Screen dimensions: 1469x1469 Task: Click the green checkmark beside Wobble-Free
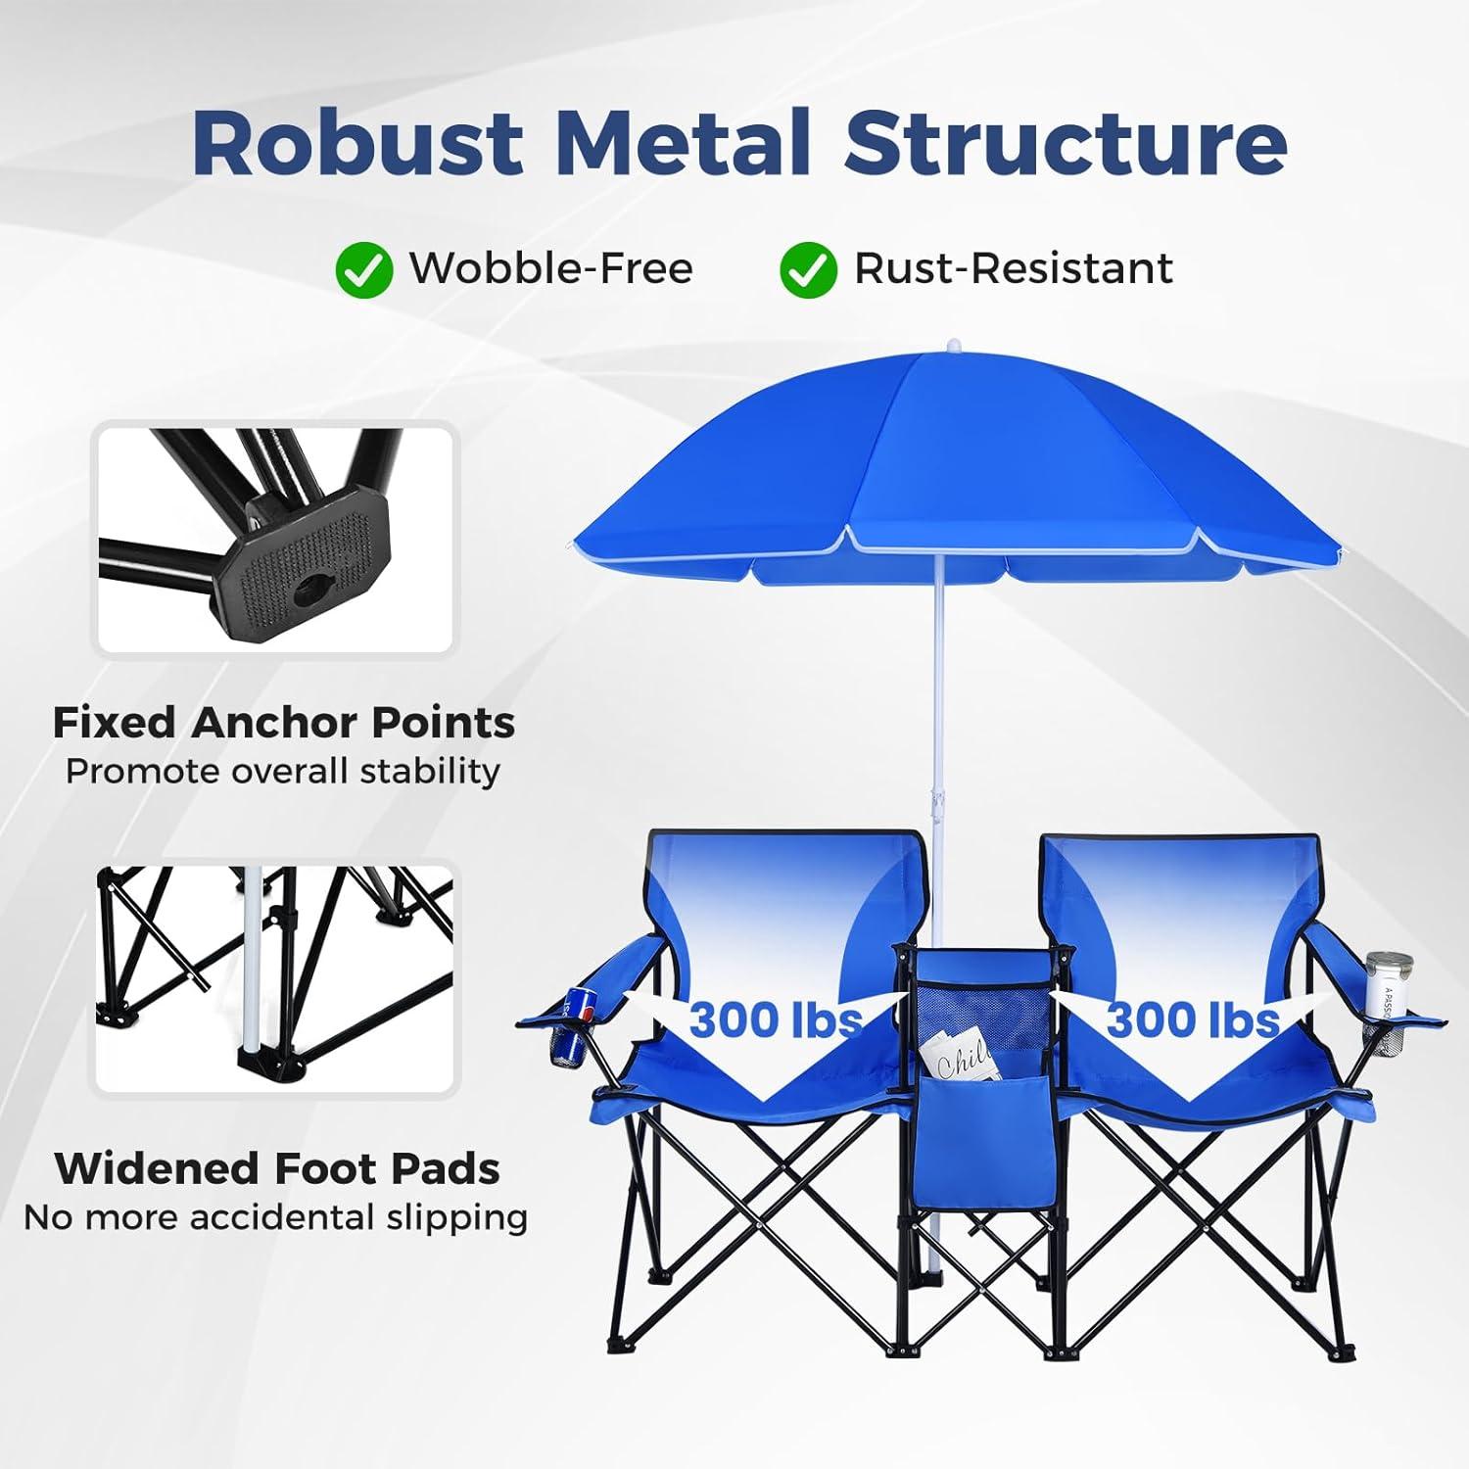pyautogui.click(x=363, y=270)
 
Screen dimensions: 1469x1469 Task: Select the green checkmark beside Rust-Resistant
pyautogui.click(x=808, y=270)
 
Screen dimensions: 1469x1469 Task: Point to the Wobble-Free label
pyautogui.click(x=551, y=268)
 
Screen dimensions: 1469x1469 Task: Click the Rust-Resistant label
pyautogui.click(x=1014, y=268)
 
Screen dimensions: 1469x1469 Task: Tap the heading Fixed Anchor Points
pyautogui.click(x=283, y=723)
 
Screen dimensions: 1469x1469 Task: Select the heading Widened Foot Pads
pyautogui.click(x=277, y=1168)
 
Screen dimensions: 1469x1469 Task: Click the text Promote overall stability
pyautogui.click(x=283, y=772)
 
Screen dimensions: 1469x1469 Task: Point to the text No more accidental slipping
pyautogui.click(x=276, y=1217)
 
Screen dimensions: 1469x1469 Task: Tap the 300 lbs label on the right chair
pyautogui.click(x=1193, y=1019)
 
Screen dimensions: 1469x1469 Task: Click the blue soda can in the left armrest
pyautogui.click(x=572, y=1027)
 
